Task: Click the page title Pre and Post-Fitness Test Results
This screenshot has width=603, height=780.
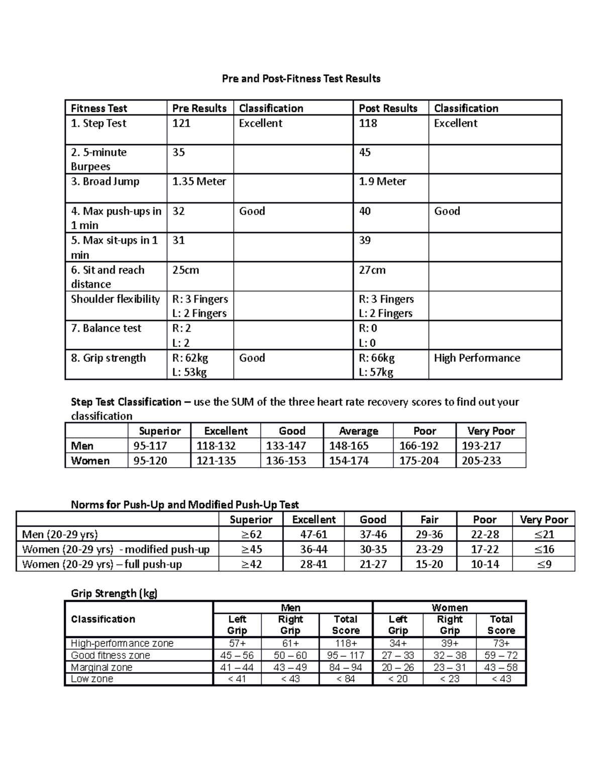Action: coord(301,79)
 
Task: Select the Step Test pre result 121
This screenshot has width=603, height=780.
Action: coord(181,124)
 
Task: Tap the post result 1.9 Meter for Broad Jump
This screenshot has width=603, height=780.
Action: coord(382,182)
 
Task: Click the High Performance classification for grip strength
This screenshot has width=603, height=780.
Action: coord(476,358)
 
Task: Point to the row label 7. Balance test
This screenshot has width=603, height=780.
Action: coord(106,328)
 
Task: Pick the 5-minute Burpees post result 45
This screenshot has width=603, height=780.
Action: coord(365,153)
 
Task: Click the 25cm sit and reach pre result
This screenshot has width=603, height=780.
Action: coord(185,270)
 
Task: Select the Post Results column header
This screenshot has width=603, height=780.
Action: coord(388,108)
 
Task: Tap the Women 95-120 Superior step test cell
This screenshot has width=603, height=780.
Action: coord(150,461)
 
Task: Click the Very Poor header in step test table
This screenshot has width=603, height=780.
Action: coord(490,431)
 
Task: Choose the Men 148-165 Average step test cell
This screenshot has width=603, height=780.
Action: coord(348,446)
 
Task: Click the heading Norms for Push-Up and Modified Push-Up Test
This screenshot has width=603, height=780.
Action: coord(184,505)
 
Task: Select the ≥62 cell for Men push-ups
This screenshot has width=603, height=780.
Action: coord(251,534)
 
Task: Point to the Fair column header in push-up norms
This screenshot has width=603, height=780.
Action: coord(429,520)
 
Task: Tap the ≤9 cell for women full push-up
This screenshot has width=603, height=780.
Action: coord(544,565)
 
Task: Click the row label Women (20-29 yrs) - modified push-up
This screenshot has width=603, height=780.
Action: coord(116,549)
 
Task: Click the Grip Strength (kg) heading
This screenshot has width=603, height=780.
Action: coord(114,594)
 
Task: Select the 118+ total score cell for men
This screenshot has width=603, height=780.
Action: coord(346,643)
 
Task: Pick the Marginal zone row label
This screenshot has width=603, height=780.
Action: coord(102,667)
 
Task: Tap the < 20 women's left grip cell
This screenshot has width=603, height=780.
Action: coord(397,679)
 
